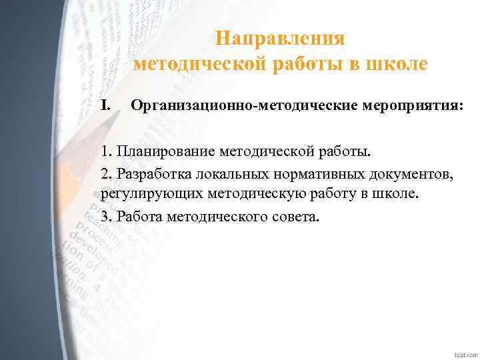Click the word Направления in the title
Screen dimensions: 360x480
coord(280,39)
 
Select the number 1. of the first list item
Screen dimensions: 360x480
coord(106,151)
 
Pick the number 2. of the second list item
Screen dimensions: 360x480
coord(107,173)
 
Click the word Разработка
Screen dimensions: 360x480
coord(153,173)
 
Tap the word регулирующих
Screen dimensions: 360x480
coord(146,195)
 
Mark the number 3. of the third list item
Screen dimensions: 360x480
coord(107,217)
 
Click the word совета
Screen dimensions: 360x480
coord(297,217)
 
